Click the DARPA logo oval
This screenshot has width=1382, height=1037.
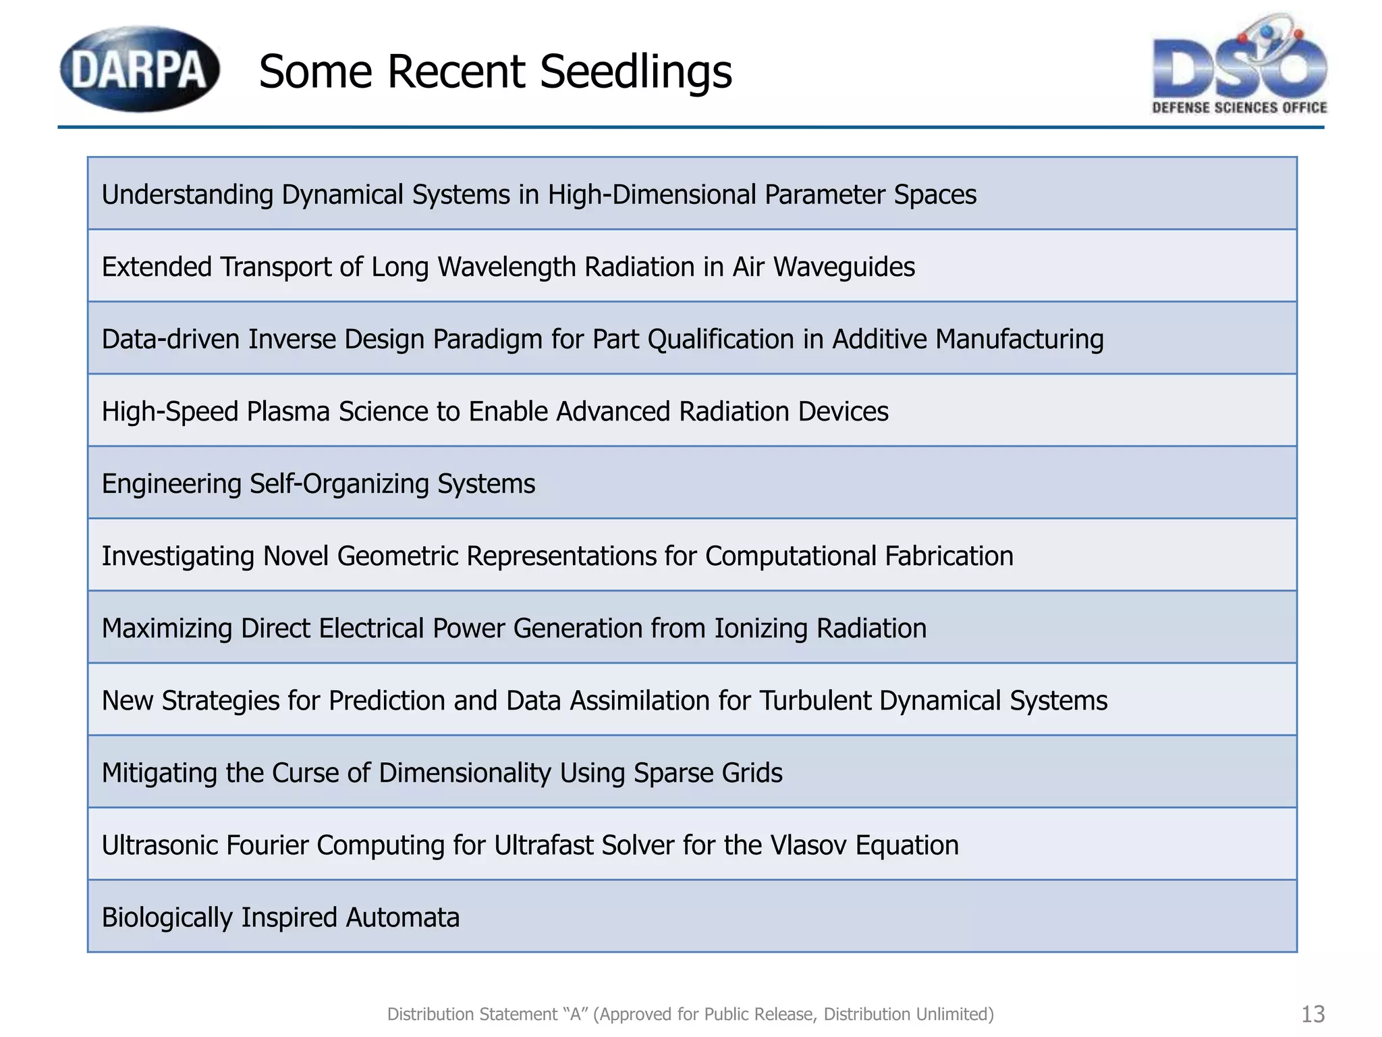pos(140,69)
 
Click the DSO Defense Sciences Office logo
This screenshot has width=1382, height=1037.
pos(1240,66)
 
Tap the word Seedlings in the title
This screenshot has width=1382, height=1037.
pos(636,72)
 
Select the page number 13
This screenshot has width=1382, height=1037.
pos(1312,1014)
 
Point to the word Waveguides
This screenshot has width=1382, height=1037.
pos(844,267)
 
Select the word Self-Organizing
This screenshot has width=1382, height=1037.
pos(339,484)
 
